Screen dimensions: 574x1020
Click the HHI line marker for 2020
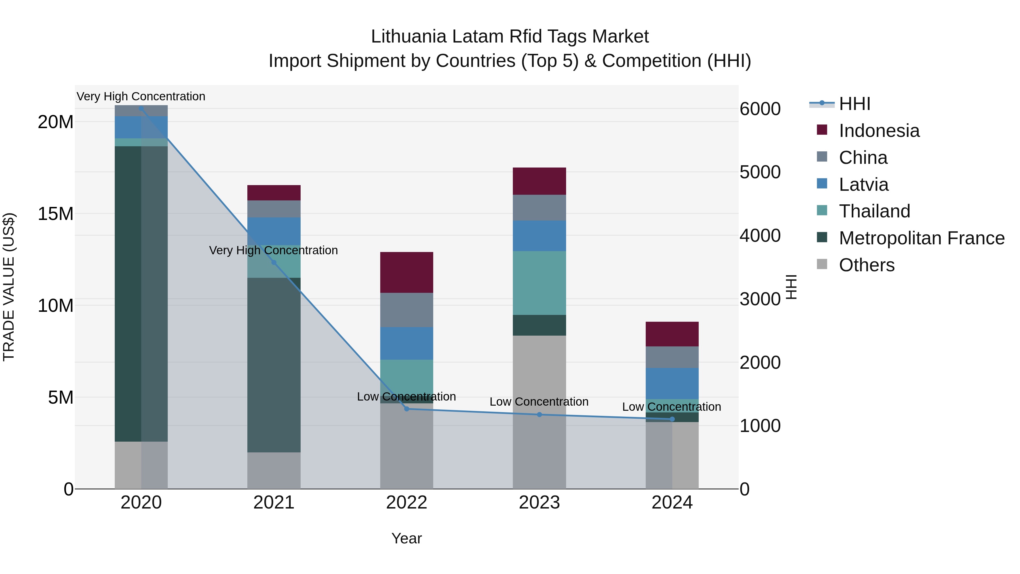[141, 109]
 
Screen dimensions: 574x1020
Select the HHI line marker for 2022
[406, 409]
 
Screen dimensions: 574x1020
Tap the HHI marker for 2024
[672, 419]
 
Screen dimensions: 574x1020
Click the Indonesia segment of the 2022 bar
[406, 272]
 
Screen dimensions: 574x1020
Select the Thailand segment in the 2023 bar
[539, 283]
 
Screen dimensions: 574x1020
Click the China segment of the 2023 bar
[539, 207]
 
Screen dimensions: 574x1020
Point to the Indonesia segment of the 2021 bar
[274, 192]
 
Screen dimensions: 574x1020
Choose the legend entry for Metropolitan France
[921, 238]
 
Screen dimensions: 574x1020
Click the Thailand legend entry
[874, 211]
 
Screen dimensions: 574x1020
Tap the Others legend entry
[866, 265]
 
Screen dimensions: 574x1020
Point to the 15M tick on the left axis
[56, 214]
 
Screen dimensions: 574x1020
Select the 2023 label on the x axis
[539, 503]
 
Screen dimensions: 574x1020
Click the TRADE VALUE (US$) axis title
[9, 287]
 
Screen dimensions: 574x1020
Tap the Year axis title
[406, 538]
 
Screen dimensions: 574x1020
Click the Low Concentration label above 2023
[539, 402]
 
